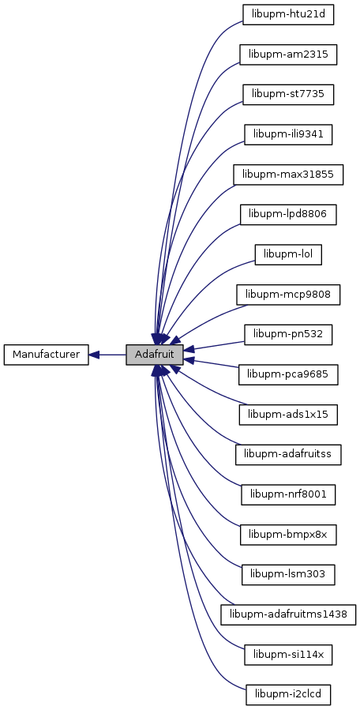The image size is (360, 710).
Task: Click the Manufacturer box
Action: (46, 355)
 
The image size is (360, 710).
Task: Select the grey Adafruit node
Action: (155, 355)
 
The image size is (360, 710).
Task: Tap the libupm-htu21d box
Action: (288, 14)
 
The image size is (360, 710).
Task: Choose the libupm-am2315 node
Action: (288, 54)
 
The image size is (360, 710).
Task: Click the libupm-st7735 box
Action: (288, 95)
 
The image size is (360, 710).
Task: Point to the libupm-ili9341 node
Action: (288, 134)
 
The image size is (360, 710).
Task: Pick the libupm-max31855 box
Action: (288, 175)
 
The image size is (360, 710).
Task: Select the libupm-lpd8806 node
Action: (288, 214)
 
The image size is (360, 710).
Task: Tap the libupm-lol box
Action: (288, 254)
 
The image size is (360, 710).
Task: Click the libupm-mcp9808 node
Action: (288, 295)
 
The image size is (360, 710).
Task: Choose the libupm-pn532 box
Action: (288, 334)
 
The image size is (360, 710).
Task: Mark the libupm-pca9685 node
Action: (288, 374)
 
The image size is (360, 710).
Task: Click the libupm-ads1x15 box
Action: (288, 415)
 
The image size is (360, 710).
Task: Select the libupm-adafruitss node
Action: (288, 454)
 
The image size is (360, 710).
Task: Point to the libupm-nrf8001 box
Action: (288, 494)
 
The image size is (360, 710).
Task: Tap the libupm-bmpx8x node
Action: (288, 535)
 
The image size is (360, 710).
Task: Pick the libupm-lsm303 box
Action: (288, 574)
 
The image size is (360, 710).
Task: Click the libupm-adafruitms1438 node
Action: (288, 614)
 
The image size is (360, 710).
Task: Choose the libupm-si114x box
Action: (288, 654)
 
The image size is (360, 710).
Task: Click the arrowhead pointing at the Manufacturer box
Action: (94, 355)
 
